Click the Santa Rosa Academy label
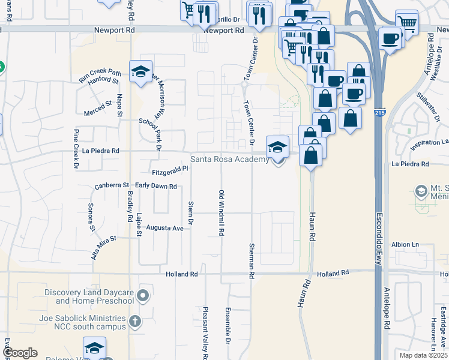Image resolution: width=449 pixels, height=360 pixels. click(230, 160)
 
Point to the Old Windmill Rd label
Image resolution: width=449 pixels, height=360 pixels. click(221, 212)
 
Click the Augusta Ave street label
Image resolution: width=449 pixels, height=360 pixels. click(164, 228)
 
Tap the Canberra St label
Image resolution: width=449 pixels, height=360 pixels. click(112, 186)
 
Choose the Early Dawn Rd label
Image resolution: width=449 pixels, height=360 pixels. click(155, 186)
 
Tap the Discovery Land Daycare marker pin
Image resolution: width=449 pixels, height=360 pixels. click(143, 296)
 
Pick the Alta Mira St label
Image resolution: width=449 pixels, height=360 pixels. click(103, 247)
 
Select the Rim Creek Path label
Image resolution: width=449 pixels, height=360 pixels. click(100, 75)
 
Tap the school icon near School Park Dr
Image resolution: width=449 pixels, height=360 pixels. click(140, 71)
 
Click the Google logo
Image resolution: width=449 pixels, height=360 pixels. click(20, 353)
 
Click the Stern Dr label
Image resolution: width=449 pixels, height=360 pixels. click(190, 213)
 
